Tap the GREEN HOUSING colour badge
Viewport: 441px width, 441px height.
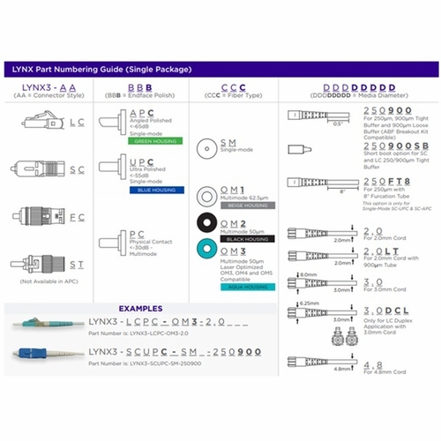pos(156,140)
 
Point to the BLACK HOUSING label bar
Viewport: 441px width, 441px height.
pos(244,238)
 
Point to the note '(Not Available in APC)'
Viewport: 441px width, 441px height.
pos(49,281)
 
